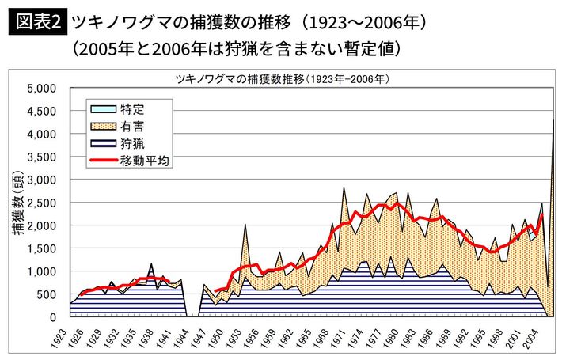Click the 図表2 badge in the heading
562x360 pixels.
pos(36,22)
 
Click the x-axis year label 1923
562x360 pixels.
pos(70,337)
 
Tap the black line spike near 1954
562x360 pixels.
pos(245,225)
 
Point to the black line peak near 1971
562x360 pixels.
pos(344,188)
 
